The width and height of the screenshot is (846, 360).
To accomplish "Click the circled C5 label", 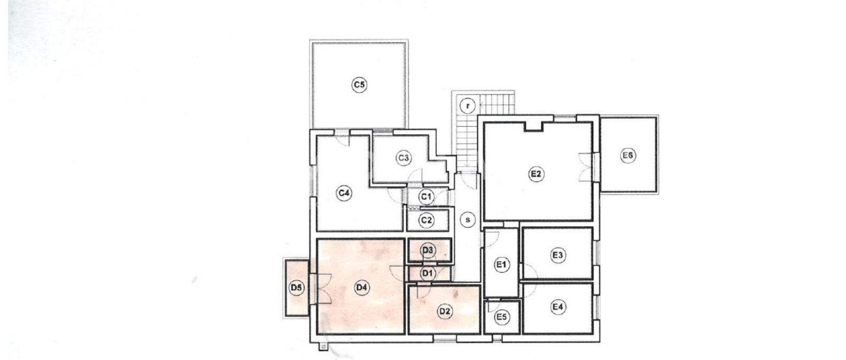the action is coord(359,85).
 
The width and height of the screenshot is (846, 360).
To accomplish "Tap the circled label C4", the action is coord(344,193).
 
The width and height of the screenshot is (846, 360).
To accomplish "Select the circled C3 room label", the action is coord(404,158).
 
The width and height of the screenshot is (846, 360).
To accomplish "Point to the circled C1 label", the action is coord(426,197).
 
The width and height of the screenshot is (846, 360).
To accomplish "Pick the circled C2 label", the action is coord(426,220).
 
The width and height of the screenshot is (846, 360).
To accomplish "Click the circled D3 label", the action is coord(428,250).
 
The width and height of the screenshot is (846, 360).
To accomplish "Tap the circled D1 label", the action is coord(428,273).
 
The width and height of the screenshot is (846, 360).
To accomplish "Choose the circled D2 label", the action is coord(445,311).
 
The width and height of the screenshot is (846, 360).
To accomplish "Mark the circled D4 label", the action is coord(362,288).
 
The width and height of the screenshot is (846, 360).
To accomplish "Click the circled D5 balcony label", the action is coord(297,288).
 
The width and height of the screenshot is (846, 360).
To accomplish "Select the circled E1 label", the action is coord(502,265).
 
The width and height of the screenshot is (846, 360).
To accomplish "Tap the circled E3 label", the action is coord(558,255).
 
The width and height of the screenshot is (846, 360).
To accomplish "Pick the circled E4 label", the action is coord(558,307).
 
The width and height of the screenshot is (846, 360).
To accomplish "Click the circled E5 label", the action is coord(502,317).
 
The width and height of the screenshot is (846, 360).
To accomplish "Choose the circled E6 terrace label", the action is coord(628,155).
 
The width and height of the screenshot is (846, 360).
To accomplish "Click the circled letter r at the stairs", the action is coord(468,106).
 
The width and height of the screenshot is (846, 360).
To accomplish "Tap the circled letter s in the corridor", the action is coord(468,219).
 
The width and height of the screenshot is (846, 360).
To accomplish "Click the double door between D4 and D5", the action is coord(321,289).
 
